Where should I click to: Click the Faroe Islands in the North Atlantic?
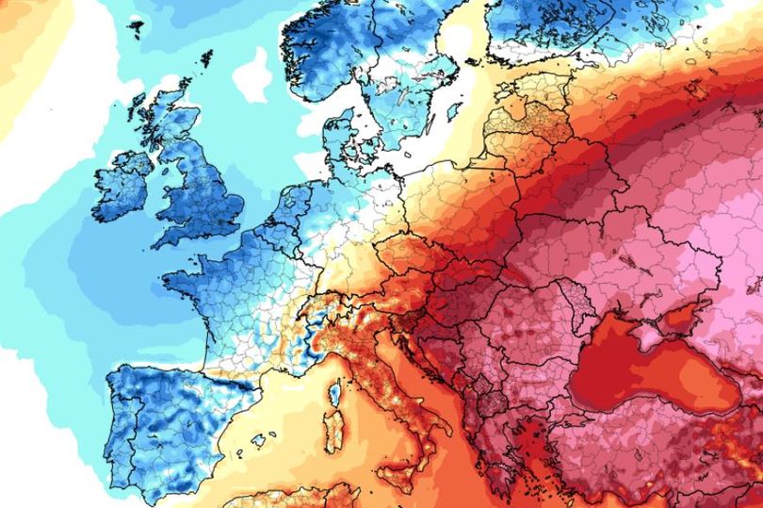(x=135, y=28)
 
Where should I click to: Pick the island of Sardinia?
(x=329, y=433)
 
